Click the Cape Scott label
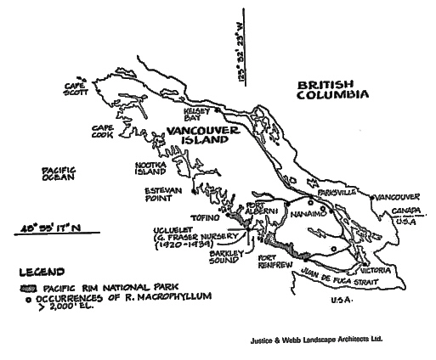[83, 89]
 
